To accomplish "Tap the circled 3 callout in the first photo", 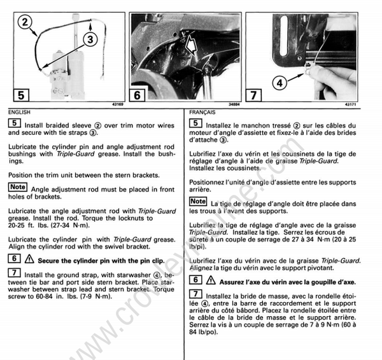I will pos(90,39).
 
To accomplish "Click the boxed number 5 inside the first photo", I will pos(21,95).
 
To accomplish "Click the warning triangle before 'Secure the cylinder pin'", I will pos(29,260).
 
